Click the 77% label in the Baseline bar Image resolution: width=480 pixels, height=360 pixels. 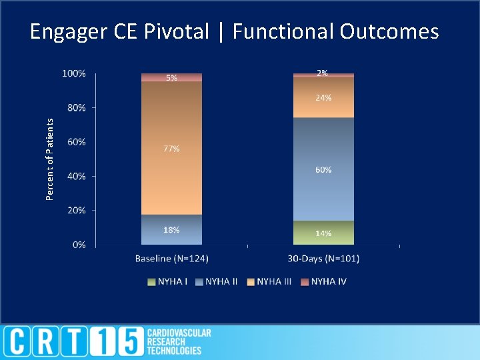[x=171, y=149]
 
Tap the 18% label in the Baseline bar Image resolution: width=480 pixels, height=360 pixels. [x=171, y=229]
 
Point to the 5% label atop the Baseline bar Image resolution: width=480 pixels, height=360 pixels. [x=171, y=77]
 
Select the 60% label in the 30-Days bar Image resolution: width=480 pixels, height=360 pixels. [x=323, y=170]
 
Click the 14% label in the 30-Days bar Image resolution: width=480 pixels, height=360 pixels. [x=323, y=233]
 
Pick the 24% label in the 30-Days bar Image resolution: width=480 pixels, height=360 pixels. [x=323, y=97]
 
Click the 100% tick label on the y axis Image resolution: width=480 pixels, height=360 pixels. [x=73, y=73]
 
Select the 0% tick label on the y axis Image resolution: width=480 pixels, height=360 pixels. [x=79, y=245]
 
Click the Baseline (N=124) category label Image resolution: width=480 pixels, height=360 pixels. [x=171, y=258]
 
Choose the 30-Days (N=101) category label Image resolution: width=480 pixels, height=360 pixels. [x=323, y=258]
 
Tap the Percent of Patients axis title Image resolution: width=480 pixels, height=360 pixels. [x=49, y=158]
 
